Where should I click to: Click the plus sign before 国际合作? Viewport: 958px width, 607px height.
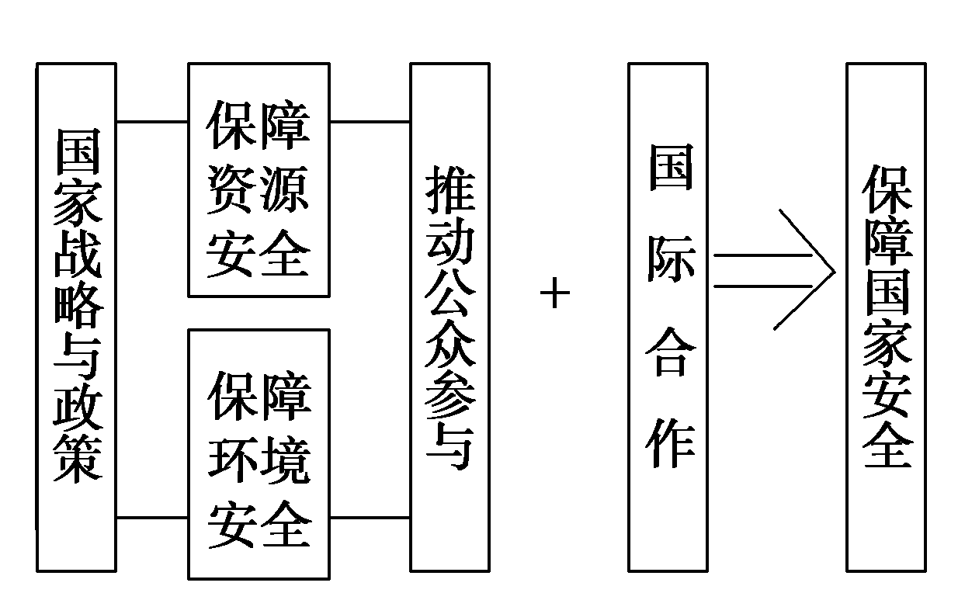(x=555, y=294)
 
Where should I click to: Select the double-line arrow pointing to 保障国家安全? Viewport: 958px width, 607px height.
(x=776, y=270)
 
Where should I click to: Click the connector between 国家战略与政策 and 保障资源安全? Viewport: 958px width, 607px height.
(x=151, y=122)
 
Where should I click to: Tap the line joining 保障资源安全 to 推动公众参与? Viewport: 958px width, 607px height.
(x=370, y=122)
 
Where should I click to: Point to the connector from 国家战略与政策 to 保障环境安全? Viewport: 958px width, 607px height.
(x=151, y=517)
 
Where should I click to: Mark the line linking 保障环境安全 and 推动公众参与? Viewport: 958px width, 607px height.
(x=370, y=517)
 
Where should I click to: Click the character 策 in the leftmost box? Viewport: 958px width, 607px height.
(x=78, y=458)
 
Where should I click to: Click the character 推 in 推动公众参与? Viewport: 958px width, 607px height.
(x=450, y=189)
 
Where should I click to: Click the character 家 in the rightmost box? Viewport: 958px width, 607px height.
(x=887, y=342)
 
